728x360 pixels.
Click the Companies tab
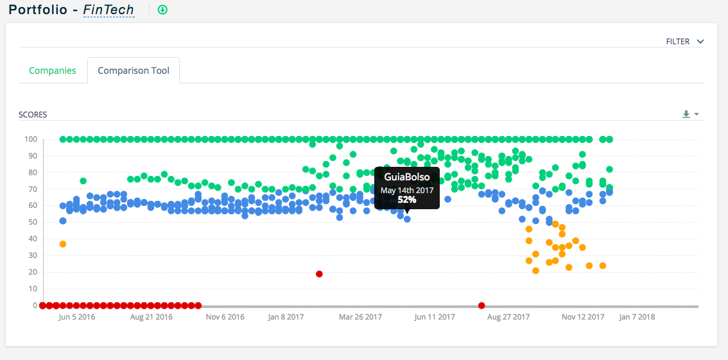click(x=53, y=71)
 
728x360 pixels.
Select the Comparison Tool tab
click(x=134, y=71)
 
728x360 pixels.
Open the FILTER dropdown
click(x=685, y=42)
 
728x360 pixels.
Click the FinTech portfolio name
click(x=108, y=10)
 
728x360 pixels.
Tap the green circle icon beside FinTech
click(x=162, y=10)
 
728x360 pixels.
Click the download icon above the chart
click(x=686, y=114)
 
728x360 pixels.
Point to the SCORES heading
click(x=33, y=115)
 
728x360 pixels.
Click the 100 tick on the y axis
click(x=30, y=139)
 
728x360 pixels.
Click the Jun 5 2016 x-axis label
click(x=77, y=317)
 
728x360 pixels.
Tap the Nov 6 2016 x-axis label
click(x=225, y=317)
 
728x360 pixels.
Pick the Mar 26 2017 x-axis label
click(x=361, y=317)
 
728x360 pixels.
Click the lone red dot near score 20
click(x=319, y=274)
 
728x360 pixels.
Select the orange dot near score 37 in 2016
click(x=63, y=244)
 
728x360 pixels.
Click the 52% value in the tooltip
click(x=407, y=200)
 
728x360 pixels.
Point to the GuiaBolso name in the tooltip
click(x=407, y=177)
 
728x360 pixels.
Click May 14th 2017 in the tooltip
click(x=407, y=190)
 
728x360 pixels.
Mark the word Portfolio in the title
click(x=38, y=10)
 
